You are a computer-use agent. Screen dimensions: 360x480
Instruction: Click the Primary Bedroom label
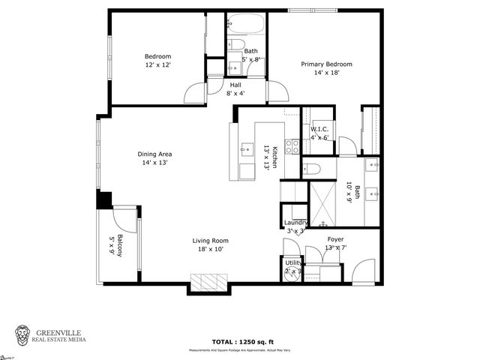326,64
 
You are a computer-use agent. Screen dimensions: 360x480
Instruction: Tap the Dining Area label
155,154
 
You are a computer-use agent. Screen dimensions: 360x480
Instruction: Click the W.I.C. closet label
319,129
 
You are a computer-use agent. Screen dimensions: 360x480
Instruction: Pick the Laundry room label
295,223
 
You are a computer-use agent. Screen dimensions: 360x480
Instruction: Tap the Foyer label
335,239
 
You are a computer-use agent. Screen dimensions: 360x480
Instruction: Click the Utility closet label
293,262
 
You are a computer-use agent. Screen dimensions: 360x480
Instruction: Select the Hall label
235,85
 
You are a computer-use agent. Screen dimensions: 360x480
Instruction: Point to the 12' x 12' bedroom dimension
158,65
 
